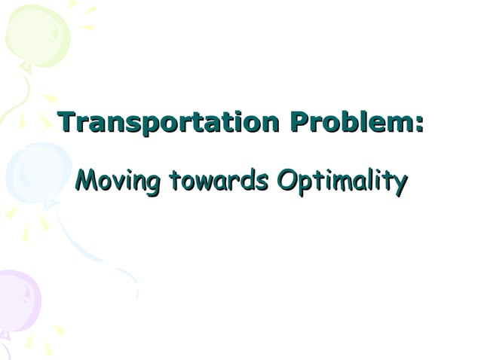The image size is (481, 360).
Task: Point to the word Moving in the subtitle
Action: [x=119, y=181]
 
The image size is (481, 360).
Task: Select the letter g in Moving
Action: [x=154, y=184]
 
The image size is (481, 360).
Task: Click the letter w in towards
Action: [x=201, y=182]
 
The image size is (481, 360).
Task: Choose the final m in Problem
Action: [x=401, y=123]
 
